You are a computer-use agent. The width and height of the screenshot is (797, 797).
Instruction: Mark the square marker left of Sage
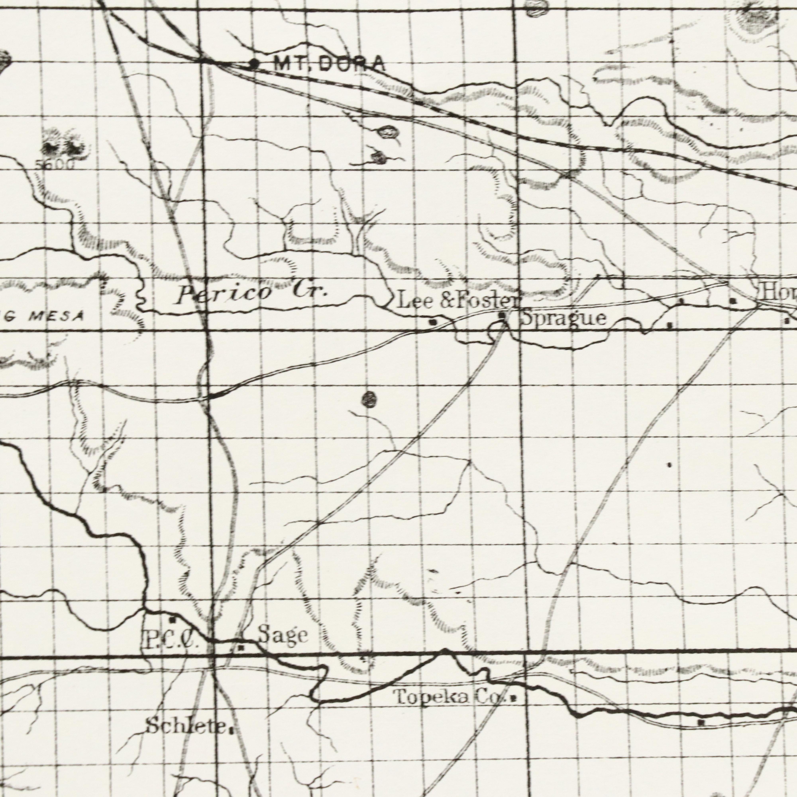point(242,648)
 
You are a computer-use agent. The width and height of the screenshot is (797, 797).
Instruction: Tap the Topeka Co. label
point(449,697)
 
